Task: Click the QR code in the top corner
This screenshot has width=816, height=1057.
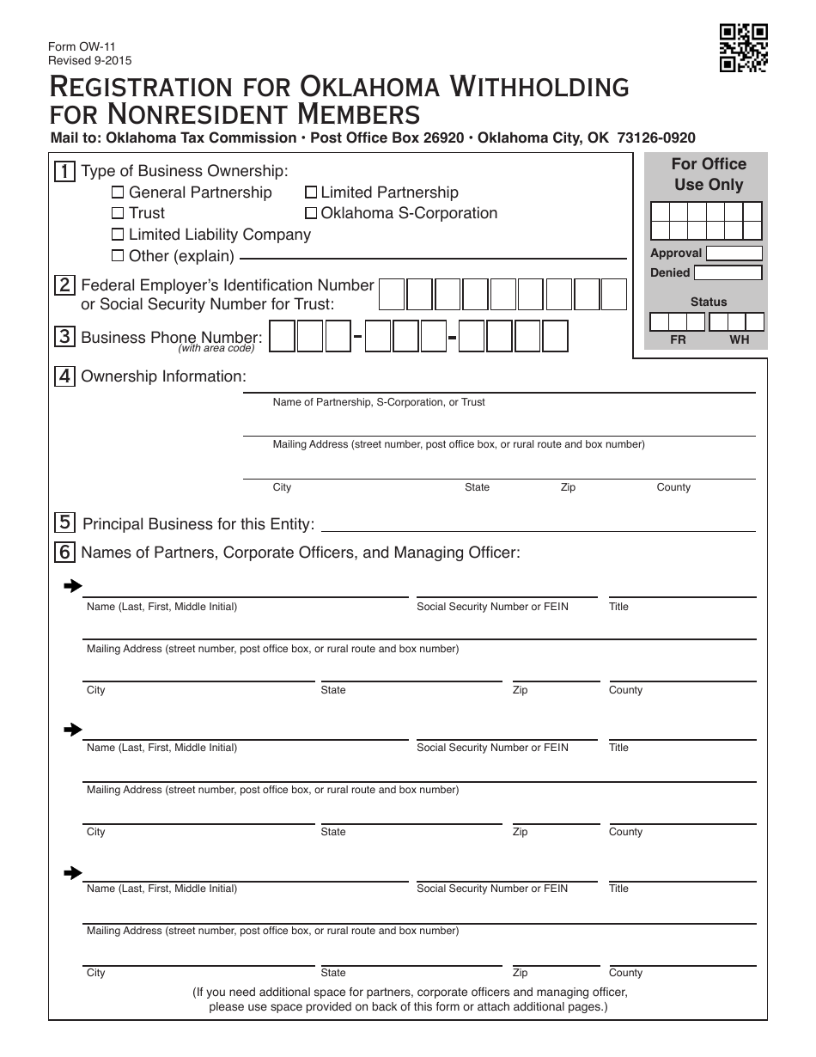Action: [743, 48]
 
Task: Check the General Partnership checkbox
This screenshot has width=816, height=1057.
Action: [119, 192]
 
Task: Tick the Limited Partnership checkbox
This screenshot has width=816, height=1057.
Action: [312, 192]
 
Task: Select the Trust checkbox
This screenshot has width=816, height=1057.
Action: [119, 213]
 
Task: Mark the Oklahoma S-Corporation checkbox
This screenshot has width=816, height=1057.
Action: [312, 213]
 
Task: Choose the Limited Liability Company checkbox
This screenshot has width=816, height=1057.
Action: [119, 235]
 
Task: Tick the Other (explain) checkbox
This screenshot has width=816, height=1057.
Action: [119, 255]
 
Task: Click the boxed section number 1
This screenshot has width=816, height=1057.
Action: [64, 171]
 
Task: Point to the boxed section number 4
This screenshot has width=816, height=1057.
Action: [64, 376]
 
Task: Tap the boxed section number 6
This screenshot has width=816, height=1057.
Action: [64, 553]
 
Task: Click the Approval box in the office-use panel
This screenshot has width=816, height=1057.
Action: [734, 254]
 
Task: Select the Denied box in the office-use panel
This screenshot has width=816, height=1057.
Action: [728, 273]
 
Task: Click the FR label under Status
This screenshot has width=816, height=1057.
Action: [678, 339]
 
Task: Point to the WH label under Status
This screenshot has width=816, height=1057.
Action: [739, 339]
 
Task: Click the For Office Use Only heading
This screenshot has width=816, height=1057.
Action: [708, 174]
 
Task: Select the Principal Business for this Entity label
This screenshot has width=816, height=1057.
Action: [198, 524]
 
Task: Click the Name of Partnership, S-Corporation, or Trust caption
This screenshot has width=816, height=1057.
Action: [379, 402]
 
